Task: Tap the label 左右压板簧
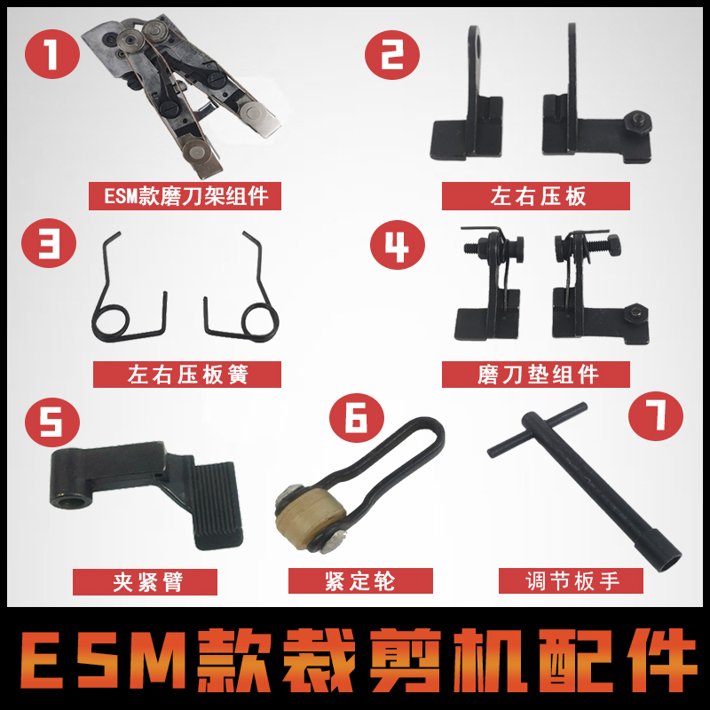point(186,375)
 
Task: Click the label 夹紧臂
point(145,581)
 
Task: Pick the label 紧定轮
point(361,581)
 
